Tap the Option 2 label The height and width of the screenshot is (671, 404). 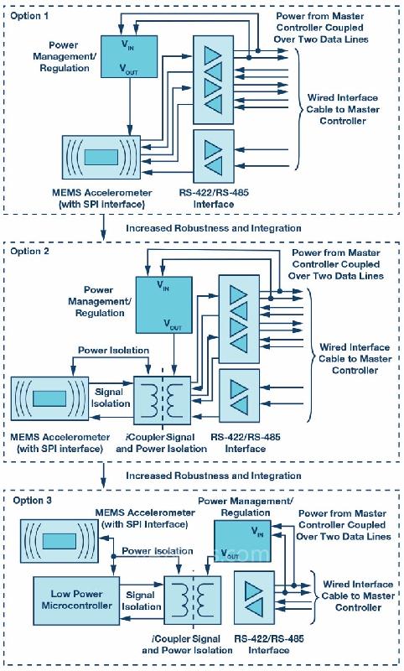tap(29, 251)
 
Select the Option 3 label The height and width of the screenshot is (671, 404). tap(33, 500)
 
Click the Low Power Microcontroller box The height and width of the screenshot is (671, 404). tap(76, 601)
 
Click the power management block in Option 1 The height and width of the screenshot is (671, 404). tap(129, 56)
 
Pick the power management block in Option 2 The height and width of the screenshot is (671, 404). tap(163, 304)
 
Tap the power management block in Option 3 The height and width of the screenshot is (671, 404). tap(242, 540)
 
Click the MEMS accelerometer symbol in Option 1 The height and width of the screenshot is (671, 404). tap(101, 157)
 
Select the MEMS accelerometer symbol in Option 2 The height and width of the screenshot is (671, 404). tap(49, 398)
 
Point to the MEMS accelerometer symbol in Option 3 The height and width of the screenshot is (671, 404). tap(60, 541)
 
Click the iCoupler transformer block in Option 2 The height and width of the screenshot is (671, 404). tap(163, 400)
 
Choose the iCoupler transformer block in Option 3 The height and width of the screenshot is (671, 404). tap(193, 600)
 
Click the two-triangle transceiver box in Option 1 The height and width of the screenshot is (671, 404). tap(214, 157)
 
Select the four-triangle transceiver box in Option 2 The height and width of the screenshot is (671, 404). tap(239, 320)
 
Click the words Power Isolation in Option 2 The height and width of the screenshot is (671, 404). tap(113, 350)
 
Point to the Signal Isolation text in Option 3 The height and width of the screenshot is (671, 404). tap(141, 601)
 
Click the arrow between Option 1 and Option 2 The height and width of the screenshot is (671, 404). tap(103, 227)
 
